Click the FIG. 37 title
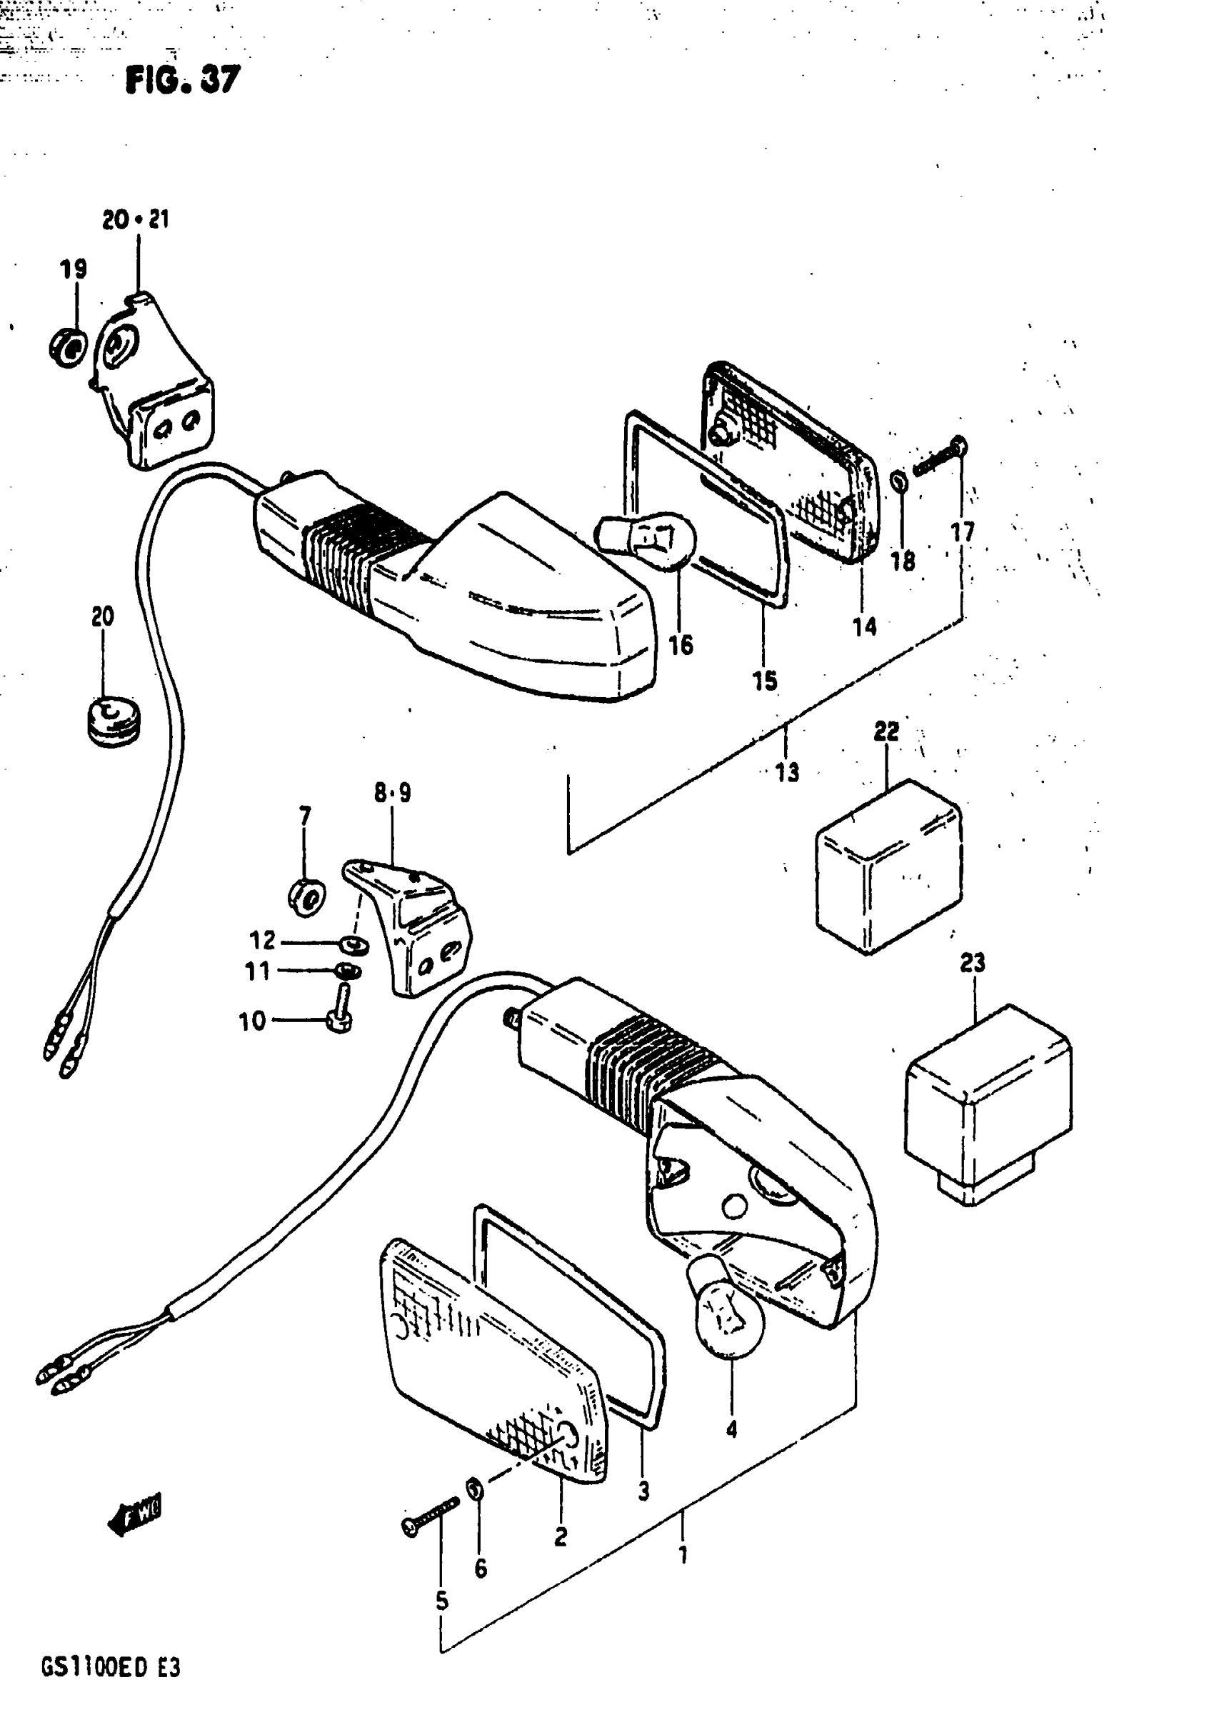pos(183,79)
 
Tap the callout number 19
pos(74,269)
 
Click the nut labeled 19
pos(68,348)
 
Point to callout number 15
pos(765,681)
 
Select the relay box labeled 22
pos(887,866)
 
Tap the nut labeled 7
pos(306,896)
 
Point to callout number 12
pos(262,940)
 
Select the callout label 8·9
pos(392,793)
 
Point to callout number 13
pos(787,771)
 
